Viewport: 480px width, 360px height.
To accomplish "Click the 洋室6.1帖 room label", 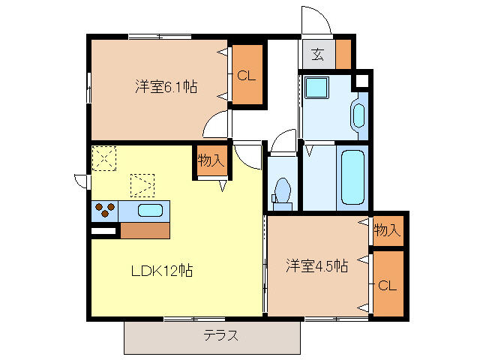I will pos(166,87).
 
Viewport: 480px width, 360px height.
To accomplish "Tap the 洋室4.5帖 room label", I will pos(316,266).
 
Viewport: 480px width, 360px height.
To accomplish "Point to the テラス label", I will pos(221,336).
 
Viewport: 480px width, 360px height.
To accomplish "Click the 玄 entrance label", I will pos(318,54).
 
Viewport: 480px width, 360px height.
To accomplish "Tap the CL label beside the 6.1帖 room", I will pos(247,76).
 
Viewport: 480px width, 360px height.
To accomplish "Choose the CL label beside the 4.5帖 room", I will pos(388,285).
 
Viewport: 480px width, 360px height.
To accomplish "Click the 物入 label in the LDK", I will pos(211,160).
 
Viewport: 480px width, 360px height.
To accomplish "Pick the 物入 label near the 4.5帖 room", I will pos(388,229).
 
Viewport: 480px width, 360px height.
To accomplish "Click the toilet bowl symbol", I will pos(283,190).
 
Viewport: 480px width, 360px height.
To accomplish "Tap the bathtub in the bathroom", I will pos(352,176).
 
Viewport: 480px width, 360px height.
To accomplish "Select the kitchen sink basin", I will pos(151,210).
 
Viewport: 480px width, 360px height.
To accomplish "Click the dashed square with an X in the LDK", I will pos(103,157).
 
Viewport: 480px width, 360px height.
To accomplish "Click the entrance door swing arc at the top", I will pos(316,20).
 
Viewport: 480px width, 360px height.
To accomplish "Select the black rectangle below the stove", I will pos(103,232).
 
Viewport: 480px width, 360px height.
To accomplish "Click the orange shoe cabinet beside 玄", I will pos(343,53).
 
